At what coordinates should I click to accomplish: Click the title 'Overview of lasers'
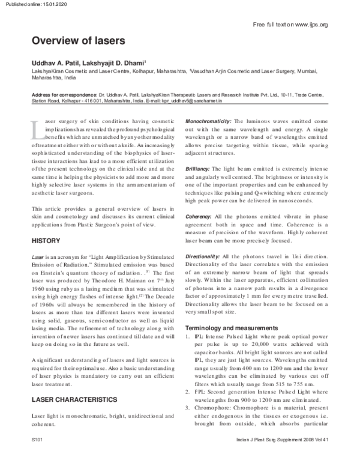coord(78,41)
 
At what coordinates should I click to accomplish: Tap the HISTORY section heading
coord(46,241)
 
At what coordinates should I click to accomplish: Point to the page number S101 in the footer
coord(38,457)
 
